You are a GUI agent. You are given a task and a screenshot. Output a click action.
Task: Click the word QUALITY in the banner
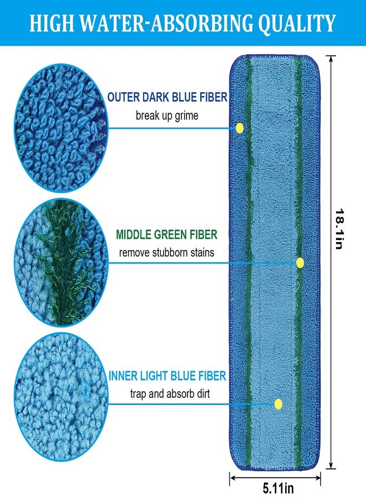297,23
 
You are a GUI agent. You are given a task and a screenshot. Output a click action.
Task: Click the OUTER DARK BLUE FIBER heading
167,97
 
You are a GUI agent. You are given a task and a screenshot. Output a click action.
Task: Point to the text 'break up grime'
167,115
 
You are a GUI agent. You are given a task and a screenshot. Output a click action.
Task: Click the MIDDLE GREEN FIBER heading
166,234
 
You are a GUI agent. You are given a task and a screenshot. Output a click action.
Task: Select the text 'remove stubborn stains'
166,253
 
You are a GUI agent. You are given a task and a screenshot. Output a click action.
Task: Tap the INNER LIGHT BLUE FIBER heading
167,376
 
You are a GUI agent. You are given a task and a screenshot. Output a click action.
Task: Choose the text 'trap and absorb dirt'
170,393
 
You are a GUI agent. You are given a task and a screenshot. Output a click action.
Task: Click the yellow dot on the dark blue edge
240,128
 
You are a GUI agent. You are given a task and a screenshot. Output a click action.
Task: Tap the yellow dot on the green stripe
300,263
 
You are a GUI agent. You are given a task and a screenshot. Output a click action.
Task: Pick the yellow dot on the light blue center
278,404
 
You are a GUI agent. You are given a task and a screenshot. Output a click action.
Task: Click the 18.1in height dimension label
340,229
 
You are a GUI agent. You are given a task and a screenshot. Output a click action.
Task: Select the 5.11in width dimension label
278,488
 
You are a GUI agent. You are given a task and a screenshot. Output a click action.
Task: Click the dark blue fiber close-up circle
60,128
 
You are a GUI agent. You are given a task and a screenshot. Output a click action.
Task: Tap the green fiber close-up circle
60,263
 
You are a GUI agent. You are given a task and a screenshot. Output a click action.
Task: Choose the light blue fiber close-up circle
60,397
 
